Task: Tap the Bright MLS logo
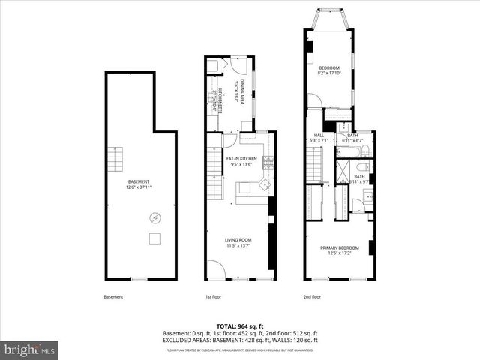[x=30, y=349]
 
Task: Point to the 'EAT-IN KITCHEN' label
[x=241, y=159]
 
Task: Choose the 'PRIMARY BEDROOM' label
[x=340, y=248]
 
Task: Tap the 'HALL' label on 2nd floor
[x=319, y=136]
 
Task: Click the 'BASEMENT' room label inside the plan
[x=138, y=182]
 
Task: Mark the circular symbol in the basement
[x=155, y=218]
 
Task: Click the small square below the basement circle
[x=155, y=238]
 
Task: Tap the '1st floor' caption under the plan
[x=213, y=297]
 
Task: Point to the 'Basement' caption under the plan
[x=113, y=297]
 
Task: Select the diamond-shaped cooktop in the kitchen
[x=264, y=184]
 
